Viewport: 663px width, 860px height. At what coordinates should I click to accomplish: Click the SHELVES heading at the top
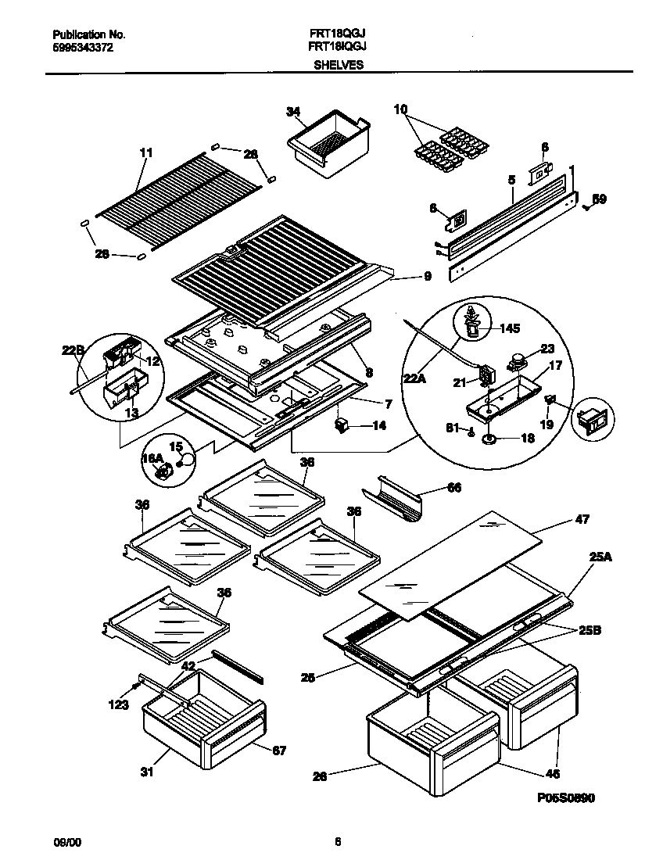coord(338,66)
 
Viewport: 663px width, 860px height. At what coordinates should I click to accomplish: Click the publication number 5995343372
coord(84,48)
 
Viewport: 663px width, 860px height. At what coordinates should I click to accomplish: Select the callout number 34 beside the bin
coord(292,113)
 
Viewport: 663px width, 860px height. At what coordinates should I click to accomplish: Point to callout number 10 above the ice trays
coord(400,110)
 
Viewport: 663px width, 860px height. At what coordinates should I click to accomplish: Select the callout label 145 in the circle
coord(509,329)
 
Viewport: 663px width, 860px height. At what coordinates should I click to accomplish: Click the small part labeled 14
coord(339,425)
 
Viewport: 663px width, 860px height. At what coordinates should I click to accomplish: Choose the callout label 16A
coord(152,459)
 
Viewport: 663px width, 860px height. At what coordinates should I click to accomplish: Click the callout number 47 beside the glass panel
coord(582,519)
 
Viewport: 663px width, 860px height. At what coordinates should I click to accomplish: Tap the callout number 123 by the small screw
coord(117,704)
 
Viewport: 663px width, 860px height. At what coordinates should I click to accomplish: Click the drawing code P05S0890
coord(565,797)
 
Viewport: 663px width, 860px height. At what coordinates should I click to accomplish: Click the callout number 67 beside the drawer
coord(278,751)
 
